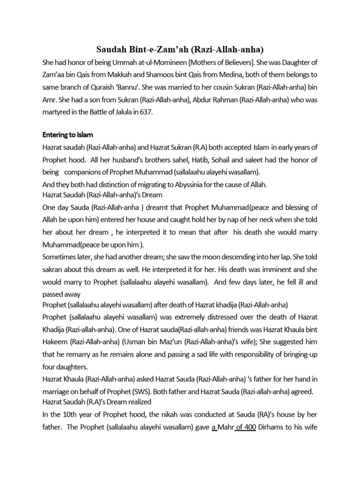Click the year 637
(x=161, y=112)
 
